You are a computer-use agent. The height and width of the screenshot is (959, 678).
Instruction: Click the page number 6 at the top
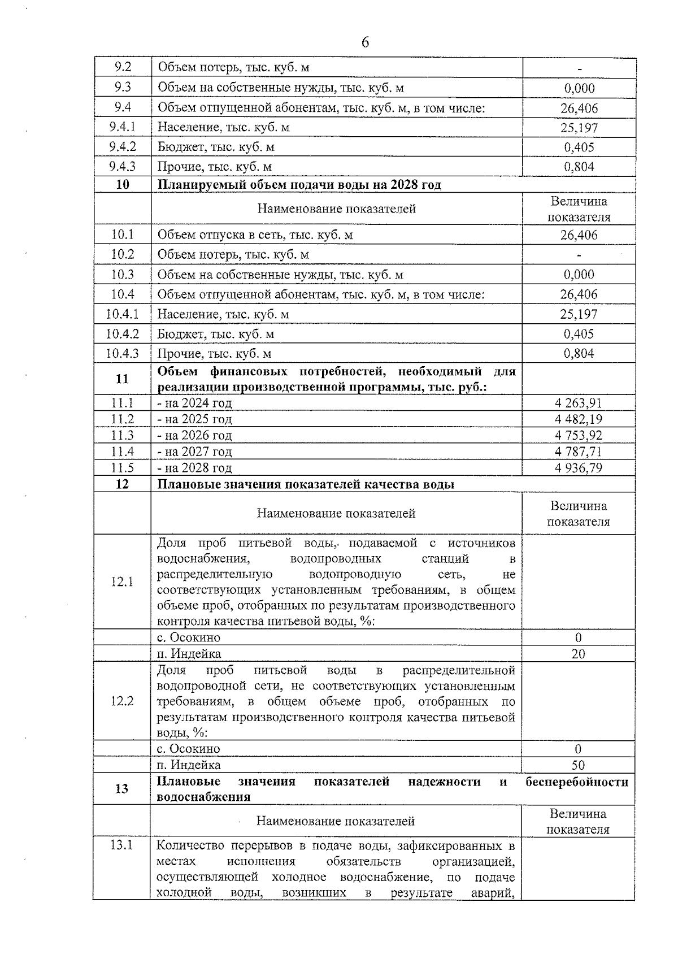pos(365,42)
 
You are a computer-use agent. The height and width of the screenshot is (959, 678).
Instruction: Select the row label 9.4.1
pos(122,127)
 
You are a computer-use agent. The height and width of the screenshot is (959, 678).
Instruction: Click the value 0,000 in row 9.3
pos(579,88)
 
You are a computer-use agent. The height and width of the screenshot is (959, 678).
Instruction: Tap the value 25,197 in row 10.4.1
pos(579,314)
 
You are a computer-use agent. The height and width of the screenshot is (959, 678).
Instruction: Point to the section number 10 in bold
pos(122,185)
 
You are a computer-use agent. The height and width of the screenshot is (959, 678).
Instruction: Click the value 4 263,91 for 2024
pos(579,403)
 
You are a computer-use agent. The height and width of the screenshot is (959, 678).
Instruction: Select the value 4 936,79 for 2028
pos(579,468)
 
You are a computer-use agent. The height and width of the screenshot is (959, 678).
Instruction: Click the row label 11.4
pos(122,452)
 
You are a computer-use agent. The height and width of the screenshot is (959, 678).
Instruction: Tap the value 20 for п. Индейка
pos(578,654)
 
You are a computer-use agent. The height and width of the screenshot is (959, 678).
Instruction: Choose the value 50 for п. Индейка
pos(578,765)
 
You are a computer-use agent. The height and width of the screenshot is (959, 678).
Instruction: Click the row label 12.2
pos(122,701)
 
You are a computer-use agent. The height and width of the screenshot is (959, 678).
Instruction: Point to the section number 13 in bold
pos(121,789)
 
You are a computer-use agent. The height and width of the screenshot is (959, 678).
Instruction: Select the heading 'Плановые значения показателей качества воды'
pos(306,484)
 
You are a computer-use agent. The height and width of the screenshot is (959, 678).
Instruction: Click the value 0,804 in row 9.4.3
pos(579,167)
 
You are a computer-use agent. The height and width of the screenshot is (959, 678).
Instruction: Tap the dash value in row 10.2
pos(579,255)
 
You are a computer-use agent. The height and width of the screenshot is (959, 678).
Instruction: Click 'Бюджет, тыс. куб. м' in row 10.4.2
pos(216,334)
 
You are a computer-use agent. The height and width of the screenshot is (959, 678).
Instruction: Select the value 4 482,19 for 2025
pos(579,419)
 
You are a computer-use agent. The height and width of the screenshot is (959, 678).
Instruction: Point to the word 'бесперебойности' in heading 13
pos(577,782)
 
